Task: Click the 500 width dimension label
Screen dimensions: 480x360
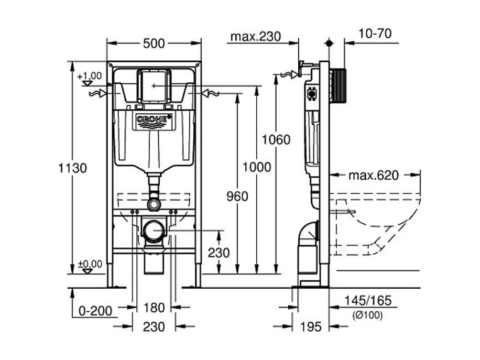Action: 154,43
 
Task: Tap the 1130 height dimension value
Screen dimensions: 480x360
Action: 72,168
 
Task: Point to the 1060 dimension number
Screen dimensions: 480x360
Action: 276,139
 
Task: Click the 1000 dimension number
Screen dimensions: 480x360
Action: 257,167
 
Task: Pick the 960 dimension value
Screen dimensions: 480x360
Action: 237,196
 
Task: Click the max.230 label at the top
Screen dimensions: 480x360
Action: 256,37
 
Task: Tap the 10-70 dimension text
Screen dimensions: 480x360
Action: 375,34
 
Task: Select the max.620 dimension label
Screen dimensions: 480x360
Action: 374,176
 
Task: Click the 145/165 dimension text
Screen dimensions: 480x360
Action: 368,301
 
